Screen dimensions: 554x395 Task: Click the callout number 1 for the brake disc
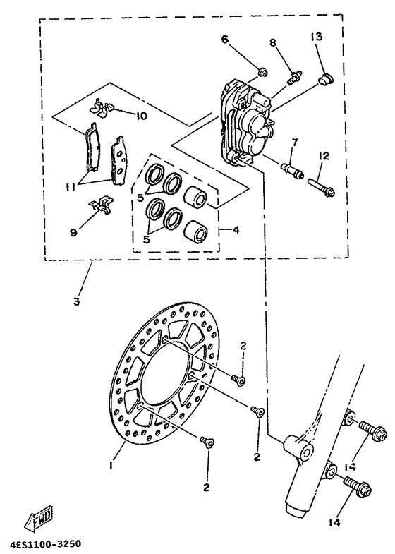111,446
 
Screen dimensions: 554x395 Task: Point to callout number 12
324,156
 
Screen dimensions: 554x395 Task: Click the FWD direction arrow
35,522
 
